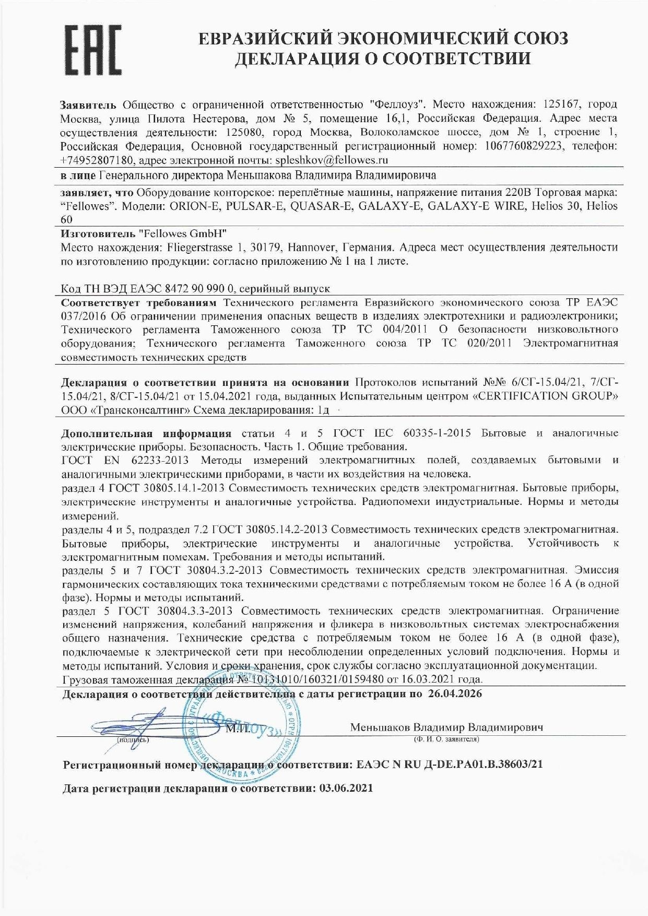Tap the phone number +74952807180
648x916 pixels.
pyautogui.click(x=97, y=159)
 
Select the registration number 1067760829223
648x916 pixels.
pyautogui.click(x=523, y=146)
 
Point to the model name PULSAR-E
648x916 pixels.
pyautogui.click(x=255, y=206)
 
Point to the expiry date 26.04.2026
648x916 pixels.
pyautogui.click(x=455, y=694)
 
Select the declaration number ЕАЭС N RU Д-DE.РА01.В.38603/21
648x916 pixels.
pyautogui.click(x=450, y=764)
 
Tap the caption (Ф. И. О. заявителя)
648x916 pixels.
pyautogui.click(x=446, y=739)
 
